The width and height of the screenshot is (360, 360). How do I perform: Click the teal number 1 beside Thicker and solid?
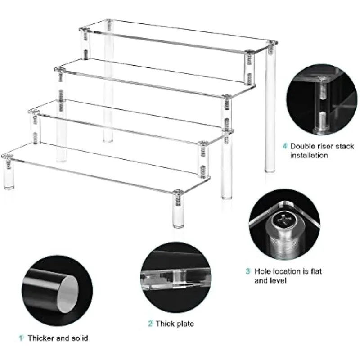21,338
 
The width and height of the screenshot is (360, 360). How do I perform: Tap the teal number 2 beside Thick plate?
150,324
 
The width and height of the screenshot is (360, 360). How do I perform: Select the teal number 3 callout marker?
248,271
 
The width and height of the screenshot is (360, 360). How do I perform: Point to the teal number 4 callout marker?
285,146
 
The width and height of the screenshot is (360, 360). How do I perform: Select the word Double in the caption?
302,146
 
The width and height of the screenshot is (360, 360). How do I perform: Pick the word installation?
309,155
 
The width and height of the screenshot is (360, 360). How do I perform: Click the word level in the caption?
279,280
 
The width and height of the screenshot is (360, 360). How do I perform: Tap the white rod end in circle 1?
67,294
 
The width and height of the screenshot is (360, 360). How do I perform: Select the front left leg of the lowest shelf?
8,172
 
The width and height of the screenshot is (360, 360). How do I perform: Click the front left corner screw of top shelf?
84,30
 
